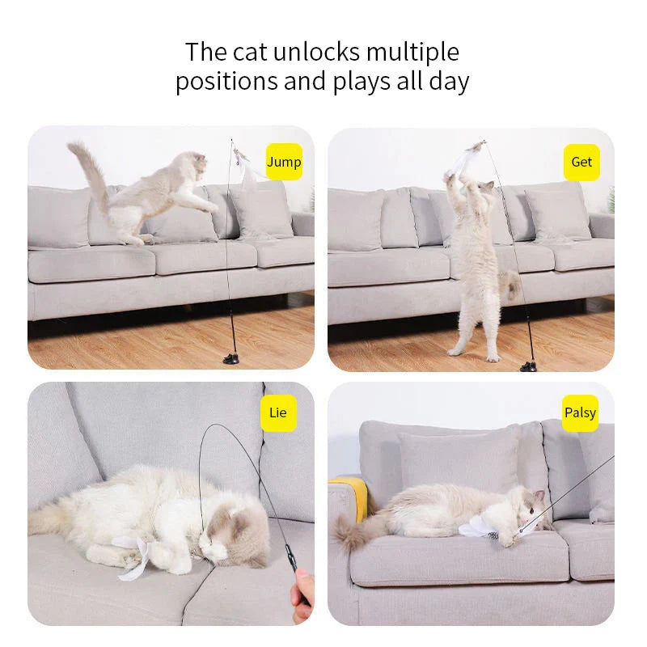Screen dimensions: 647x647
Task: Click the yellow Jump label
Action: pyautogui.click(x=284, y=162)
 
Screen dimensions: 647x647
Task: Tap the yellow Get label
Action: pyautogui.click(x=581, y=162)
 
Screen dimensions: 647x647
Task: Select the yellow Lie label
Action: pyautogui.click(x=277, y=413)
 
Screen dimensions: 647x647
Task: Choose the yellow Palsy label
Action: pyautogui.click(x=580, y=413)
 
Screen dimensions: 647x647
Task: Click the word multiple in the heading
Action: pyautogui.click(x=412, y=53)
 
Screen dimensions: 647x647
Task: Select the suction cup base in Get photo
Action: pyautogui.click(x=529, y=366)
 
